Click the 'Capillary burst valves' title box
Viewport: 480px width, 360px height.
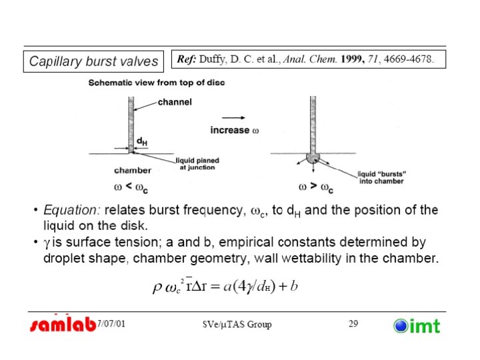coord(94,61)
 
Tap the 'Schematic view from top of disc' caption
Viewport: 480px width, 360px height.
coord(157,82)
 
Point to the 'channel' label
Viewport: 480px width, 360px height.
coord(175,102)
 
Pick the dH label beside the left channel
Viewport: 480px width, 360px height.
coord(143,141)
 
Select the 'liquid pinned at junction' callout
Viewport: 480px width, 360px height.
coord(197,164)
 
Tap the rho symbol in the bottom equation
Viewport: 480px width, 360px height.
coord(157,287)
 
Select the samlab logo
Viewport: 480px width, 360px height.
coord(63,325)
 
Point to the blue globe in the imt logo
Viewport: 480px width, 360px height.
coord(401,325)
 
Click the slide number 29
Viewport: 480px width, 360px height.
coord(353,324)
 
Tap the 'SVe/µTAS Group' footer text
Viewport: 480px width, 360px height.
coord(237,325)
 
